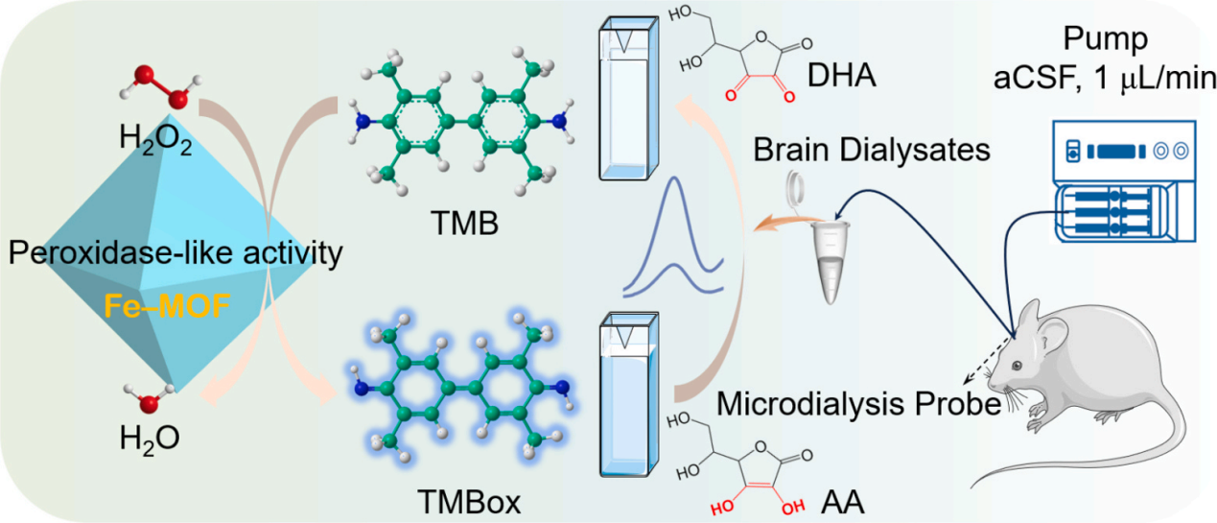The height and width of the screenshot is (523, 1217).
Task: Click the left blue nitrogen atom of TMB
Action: pyautogui.click(x=362, y=122)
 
